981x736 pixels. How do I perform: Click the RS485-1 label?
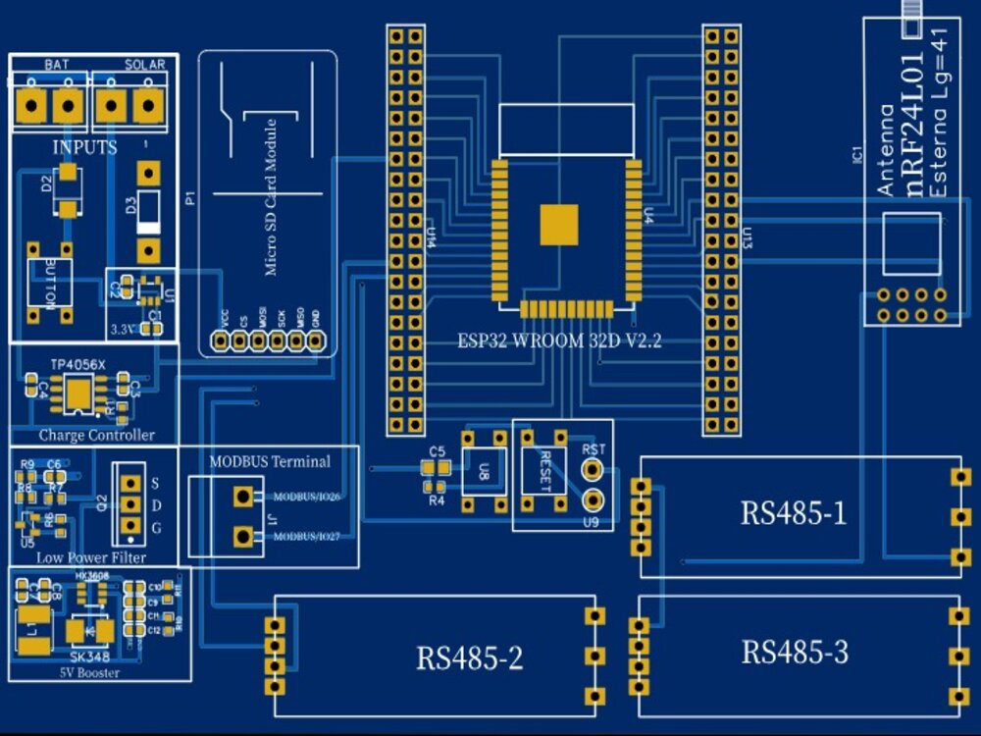(x=793, y=513)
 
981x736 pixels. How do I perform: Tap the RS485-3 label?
(x=794, y=652)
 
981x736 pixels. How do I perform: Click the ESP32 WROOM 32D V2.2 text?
(x=560, y=342)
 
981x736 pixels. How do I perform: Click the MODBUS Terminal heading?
(x=270, y=461)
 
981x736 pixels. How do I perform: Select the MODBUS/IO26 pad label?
(x=306, y=497)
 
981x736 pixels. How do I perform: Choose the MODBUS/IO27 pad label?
(x=306, y=537)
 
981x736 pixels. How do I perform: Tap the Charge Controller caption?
(x=96, y=435)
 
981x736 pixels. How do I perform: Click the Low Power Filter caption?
(x=91, y=557)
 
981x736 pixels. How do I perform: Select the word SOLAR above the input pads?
(x=144, y=64)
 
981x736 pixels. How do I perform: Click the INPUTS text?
(x=84, y=148)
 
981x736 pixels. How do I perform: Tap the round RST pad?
(x=593, y=469)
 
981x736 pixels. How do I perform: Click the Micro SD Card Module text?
(x=271, y=196)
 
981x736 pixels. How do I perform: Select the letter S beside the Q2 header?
(x=155, y=483)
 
